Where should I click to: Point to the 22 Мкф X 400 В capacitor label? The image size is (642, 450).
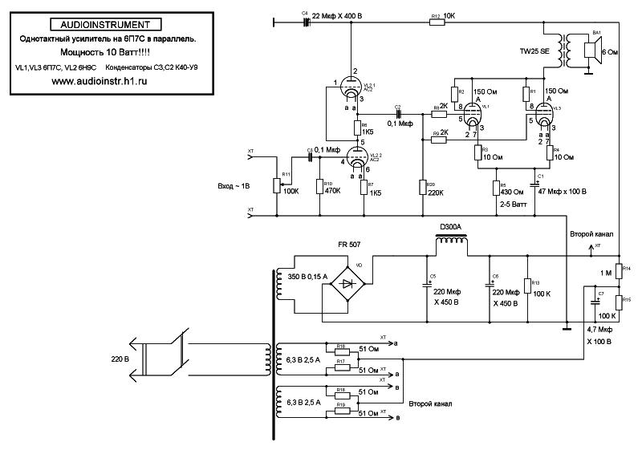point(336,16)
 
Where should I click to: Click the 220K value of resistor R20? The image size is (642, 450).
point(437,193)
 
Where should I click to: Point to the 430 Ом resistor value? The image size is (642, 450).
point(511,193)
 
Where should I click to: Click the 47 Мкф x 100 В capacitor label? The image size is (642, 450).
point(562,193)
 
